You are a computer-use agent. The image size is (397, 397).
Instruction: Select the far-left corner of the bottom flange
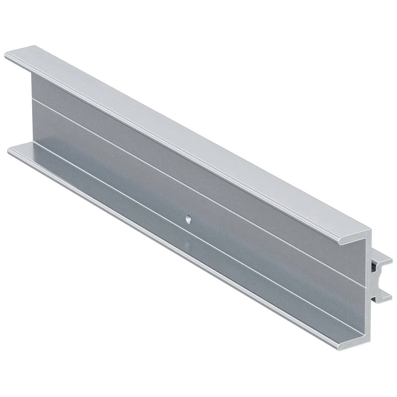coord(10,150)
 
